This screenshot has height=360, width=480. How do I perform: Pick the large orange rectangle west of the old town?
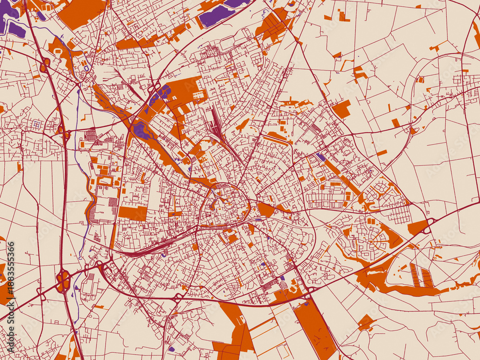(x=132, y=213)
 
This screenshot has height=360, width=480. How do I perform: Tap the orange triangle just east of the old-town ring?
(x=265, y=209)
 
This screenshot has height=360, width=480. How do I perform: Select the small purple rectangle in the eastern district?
(x=321, y=157)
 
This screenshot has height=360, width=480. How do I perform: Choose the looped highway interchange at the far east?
(x=427, y=226)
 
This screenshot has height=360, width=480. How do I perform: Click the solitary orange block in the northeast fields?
(x=341, y=109)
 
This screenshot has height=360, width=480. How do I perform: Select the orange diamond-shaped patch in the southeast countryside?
(x=366, y=322)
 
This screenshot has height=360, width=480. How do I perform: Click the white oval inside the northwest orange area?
(x=59, y=50)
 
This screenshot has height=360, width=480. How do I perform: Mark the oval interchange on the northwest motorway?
(x=45, y=65)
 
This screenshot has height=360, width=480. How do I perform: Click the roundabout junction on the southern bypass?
(x=178, y=297)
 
